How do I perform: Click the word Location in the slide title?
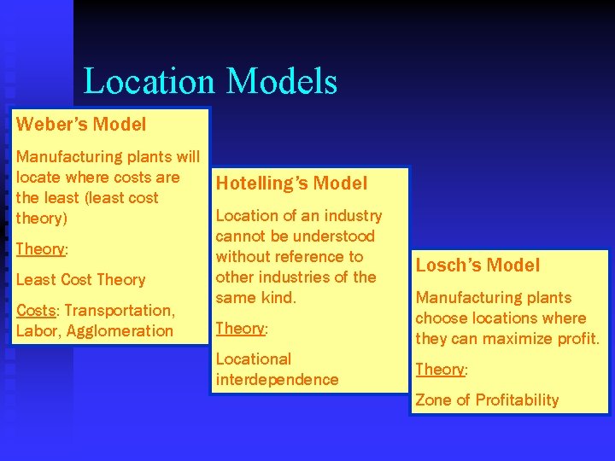pos(150,82)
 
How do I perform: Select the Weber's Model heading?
pos(81,124)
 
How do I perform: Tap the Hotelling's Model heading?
pos(291,183)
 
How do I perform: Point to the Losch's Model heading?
pos(477,265)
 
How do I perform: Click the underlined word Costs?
pos(36,310)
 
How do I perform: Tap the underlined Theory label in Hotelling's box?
pos(240,328)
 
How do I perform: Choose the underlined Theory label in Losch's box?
pos(439,369)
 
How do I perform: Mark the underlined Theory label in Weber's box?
pos(40,248)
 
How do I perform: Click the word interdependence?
pos(277,379)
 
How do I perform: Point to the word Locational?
pos(253,359)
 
